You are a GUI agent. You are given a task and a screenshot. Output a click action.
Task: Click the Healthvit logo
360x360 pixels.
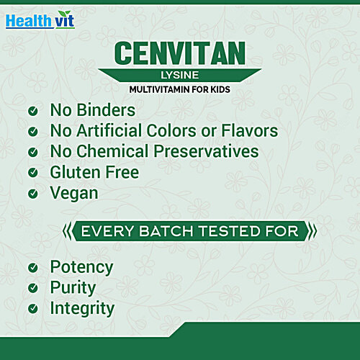pos(40,19)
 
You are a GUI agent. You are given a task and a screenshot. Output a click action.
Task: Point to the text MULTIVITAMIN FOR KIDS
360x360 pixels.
pos(179,91)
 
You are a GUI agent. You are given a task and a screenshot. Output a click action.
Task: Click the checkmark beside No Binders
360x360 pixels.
pos(32,112)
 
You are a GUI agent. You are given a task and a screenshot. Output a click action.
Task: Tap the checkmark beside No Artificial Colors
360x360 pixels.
pos(32,132)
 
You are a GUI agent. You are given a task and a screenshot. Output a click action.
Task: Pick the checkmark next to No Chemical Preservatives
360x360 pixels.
pos(32,152)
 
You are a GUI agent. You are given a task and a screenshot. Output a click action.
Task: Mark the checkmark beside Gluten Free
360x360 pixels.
pos(32,173)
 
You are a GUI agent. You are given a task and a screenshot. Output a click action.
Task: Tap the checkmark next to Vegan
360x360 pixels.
pos(32,194)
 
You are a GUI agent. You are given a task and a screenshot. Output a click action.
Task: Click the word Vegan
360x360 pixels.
pos(74,193)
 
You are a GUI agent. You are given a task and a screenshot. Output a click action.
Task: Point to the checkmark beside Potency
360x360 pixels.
pos(32,267)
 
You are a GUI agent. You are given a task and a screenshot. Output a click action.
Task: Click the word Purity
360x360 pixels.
pos(73,287)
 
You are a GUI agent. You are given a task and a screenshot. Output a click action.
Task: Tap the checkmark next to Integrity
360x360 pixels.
pos(32,308)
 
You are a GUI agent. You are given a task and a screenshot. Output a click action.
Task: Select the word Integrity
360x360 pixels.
pos(82,308)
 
